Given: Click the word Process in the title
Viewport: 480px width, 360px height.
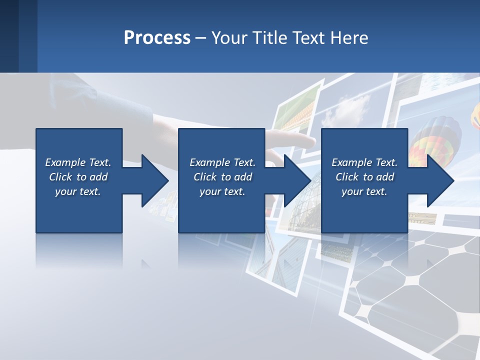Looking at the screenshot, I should tap(157, 38).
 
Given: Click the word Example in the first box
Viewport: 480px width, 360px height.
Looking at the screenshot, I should tap(65, 162).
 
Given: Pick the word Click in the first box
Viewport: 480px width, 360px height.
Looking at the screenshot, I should tap(61, 177).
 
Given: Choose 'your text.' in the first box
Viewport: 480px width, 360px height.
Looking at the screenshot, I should tap(78, 191).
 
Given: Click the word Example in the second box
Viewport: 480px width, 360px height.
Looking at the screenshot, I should tap(210, 162).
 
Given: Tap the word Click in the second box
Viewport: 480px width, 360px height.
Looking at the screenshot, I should tap(205, 177).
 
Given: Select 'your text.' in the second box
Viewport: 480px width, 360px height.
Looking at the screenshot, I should tap(222, 191).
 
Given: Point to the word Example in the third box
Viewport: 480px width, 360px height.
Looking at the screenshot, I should tap(352, 162).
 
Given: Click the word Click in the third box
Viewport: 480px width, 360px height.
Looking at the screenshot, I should tap(347, 177).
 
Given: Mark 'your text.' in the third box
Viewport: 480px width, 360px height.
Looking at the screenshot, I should tap(364, 191).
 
